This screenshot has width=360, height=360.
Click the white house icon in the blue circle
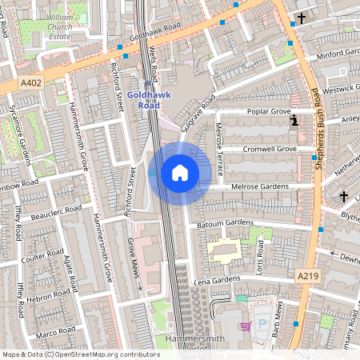pos(180,173)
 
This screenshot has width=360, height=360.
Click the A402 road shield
pos(31,82)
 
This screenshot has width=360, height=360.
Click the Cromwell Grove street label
pos(270,149)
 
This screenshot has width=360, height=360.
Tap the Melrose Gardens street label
pos(262,186)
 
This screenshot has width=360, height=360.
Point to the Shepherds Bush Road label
pos(317,120)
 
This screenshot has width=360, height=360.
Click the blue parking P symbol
pos(262,325)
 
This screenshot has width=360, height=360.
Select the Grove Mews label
pos(134,263)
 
